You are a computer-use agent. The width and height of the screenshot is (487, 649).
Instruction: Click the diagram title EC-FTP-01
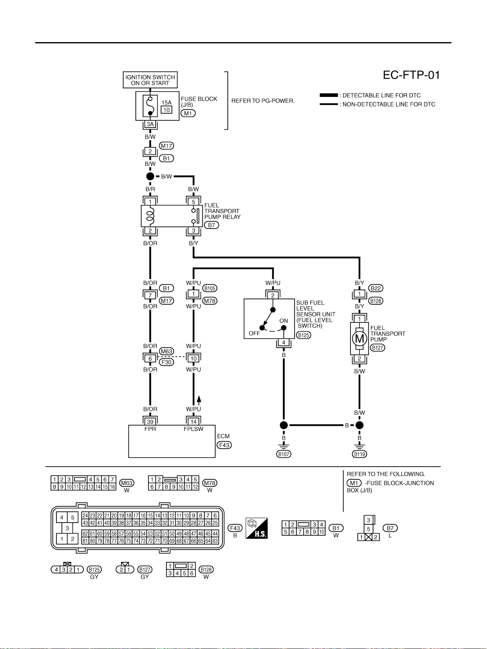click(411, 75)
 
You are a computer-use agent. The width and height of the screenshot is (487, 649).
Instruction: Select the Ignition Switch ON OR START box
click(150, 80)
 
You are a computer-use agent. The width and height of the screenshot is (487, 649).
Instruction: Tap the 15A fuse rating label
click(166, 103)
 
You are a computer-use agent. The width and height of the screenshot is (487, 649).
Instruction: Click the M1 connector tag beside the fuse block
click(188, 113)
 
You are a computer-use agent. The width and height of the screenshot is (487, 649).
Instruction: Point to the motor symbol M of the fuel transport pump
click(359, 338)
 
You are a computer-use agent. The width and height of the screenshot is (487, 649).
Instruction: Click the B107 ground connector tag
click(284, 454)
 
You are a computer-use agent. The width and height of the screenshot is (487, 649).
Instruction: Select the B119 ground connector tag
click(359, 454)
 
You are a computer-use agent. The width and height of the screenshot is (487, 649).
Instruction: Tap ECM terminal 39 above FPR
click(150, 422)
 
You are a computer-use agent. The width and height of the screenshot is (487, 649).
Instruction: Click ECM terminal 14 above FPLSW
click(193, 422)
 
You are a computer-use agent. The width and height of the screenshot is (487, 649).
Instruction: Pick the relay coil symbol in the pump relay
click(150, 216)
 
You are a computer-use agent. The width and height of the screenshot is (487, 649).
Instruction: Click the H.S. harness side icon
click(256, 528)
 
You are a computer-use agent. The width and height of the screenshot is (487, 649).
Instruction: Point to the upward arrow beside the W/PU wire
click(199, 400)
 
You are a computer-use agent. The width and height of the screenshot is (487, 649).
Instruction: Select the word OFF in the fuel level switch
click(254, 334)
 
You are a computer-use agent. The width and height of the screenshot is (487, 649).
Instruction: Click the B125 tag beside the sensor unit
click(303, 335)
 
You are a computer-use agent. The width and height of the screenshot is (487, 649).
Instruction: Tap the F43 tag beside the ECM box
click(224, 445)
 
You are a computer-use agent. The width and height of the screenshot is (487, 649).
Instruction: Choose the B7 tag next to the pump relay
click(211, 225)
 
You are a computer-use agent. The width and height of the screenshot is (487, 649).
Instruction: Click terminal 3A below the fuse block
click(150, 124)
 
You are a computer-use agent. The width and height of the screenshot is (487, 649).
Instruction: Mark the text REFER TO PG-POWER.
click(263, 101)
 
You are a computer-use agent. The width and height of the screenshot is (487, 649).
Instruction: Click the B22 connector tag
click(376, 288)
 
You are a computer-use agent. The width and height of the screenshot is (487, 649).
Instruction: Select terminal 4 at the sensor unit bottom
click(284, 342)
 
